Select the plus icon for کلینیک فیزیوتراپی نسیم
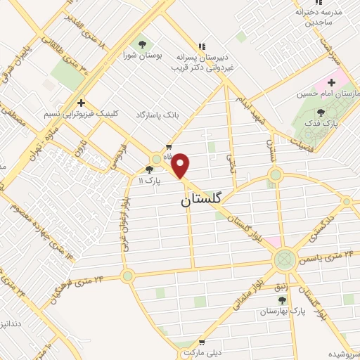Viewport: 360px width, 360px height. tap(82, 103)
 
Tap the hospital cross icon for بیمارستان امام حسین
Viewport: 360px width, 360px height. tap(330, 82)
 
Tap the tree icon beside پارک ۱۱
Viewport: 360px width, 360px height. tap(148, 169)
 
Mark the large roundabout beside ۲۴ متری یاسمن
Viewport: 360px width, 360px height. tap(284, 260)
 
